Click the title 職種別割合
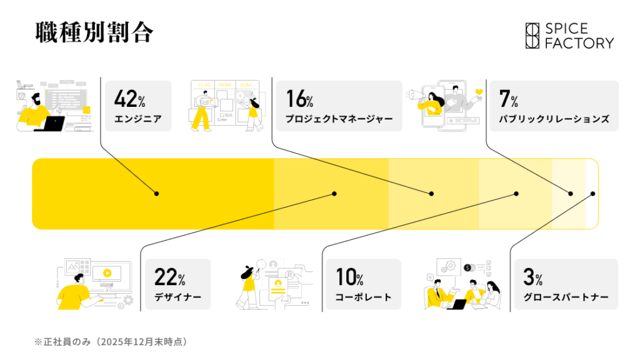pyautogui.click(x=94, y=32)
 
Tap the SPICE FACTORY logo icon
pyautogui.click(x=532, y=36)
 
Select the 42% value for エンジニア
pyautogui.click(x=130, y=99)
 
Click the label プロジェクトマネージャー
pyautogui.click(x=339, y=119)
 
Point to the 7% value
pyautogui.click(x=509, y=99)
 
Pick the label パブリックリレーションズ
pyautogui.click(x=554, y=119)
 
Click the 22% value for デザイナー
pyautogui.click(x=170, y=277)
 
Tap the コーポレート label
pyautogui.click(x=363, y=297)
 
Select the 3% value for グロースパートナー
pyautogui.click(x=533, y=277)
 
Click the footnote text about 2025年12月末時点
pyautogui.click(x=111, y=342)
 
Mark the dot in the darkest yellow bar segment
pyautogui.click(x=156, y=194)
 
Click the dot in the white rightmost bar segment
pyautogui.click(x=592, y=194)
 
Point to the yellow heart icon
pyautogui.click(x=479, y=92)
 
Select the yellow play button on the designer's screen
pyautogui.click(x=107, y=273)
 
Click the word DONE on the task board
pyautogui.click(x=246, y=85)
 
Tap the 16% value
pyautogui.click(x=299, y=99)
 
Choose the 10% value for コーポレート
pyautogui.click(x=349, y=277)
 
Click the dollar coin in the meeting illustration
pyautogui.click(x=467, y=267)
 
